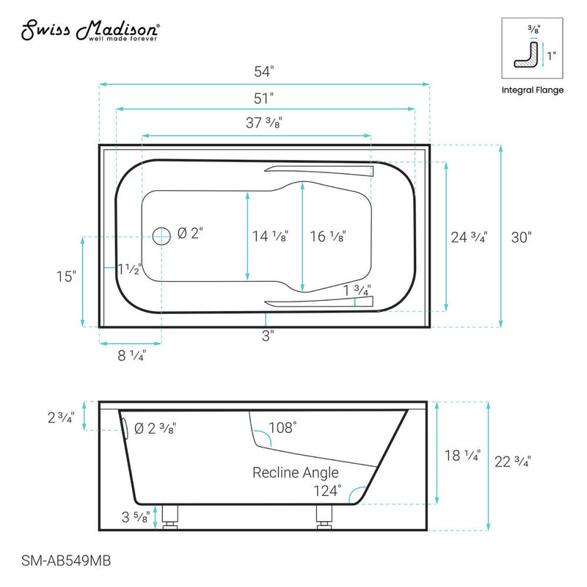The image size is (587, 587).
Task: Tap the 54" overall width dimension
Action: point(263,72)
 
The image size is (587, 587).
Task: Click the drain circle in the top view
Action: point(161,236)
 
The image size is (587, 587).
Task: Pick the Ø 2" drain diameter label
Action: point(189,233)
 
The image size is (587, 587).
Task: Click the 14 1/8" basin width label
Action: point(269,236)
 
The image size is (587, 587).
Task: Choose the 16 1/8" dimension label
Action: point(327,236)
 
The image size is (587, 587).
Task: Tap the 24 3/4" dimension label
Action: point(469,236)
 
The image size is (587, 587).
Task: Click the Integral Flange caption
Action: point(532,90)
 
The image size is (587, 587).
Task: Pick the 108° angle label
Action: point(283,426)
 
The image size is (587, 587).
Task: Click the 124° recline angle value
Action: point(327,489)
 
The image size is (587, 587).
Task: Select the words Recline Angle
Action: point(296,472)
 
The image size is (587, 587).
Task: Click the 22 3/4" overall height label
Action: point(511,462)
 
